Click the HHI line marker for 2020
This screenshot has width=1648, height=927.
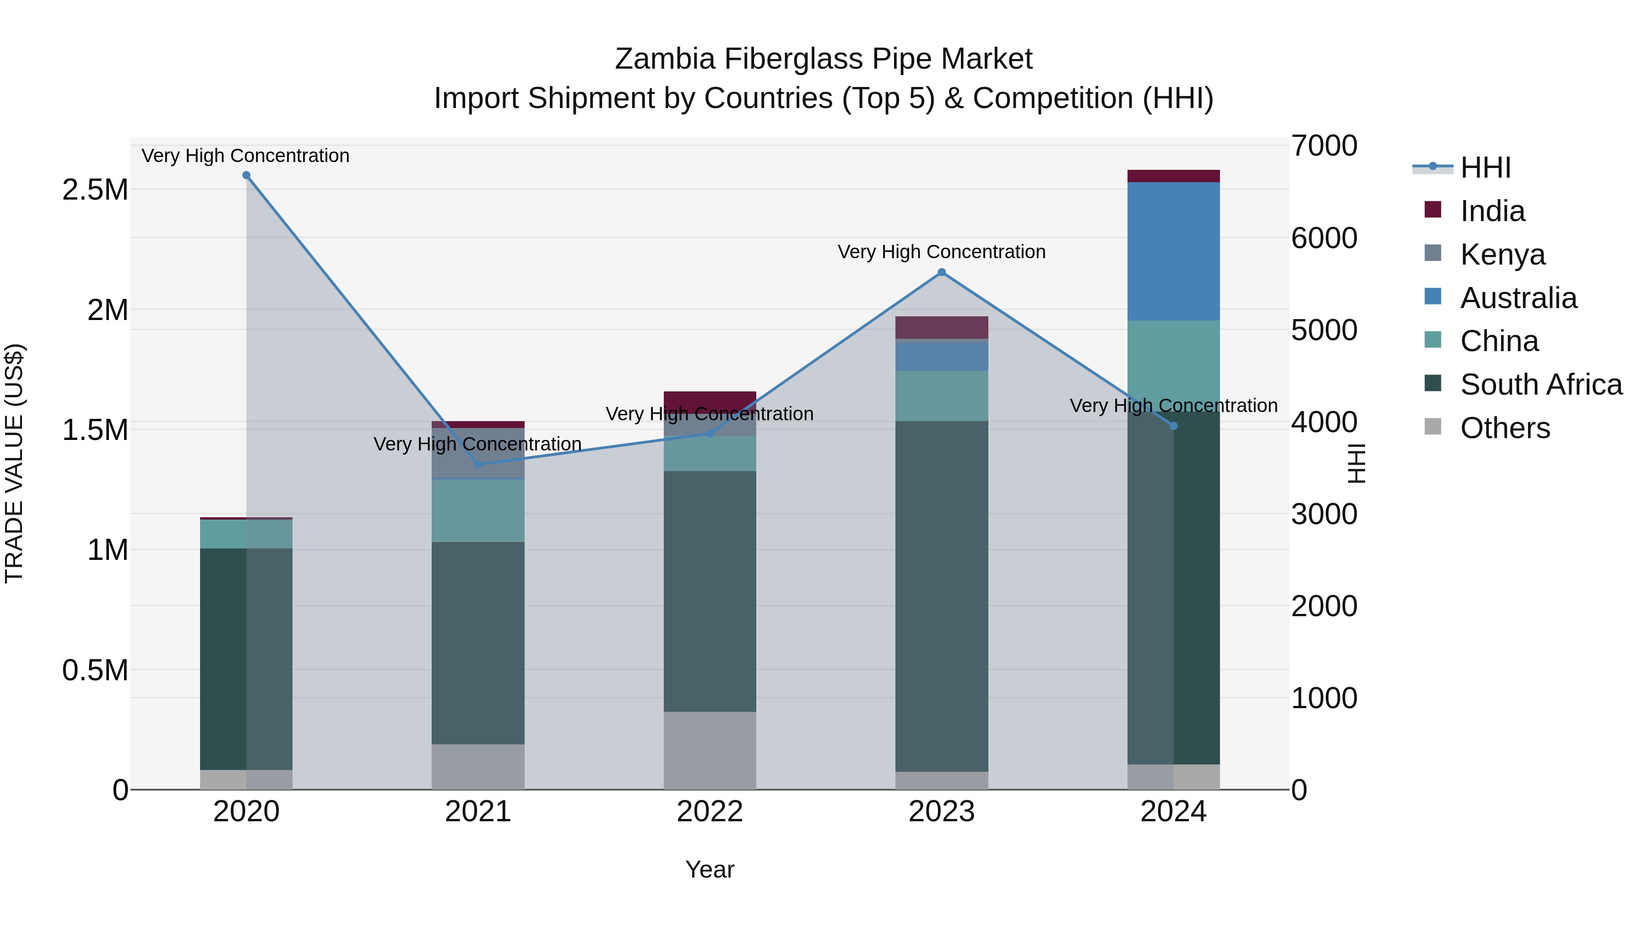(x=246, y=175)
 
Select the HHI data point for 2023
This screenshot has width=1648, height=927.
(x=941, y=272)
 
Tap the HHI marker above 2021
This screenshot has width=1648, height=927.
(x=478, y=465)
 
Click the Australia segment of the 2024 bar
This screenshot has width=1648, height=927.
(x=1173, y=251)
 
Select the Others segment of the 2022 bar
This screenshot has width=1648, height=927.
(x=710, y=750)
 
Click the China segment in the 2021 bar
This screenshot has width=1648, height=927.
(x=478, y=510)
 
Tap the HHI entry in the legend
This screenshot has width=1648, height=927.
(x=1485, y=168)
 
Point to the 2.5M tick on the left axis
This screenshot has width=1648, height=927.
(x=95, y=190)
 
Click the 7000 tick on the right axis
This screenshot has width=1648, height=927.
(x=1323, y=146)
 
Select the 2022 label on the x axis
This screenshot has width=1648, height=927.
(x=710, y=812)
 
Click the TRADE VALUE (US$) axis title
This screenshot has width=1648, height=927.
(x=14, y=463)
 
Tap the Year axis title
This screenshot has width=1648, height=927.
(x=710, y=869)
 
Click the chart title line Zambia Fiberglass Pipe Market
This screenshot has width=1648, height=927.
(x=824, y=59)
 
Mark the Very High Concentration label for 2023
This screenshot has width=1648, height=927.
(x=941, y=252)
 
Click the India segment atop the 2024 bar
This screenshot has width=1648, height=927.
(x=1173, y=176)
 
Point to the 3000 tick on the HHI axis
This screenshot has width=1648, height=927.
(x=1323, y=515)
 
